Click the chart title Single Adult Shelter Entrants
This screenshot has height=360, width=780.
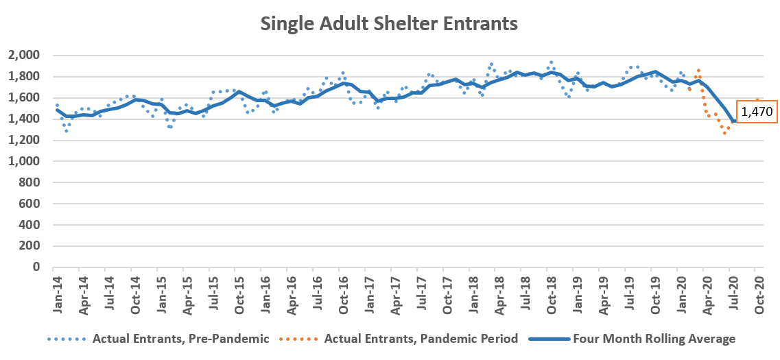[389, 24]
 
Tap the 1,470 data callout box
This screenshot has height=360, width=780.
[757, 112]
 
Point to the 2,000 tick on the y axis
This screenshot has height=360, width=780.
[25, 55]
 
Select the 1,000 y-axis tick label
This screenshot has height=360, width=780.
[25, 161]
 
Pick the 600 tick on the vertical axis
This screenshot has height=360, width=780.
[29, 204]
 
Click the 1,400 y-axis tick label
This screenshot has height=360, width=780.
[25, 119]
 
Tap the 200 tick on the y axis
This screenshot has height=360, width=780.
[29, 245]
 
